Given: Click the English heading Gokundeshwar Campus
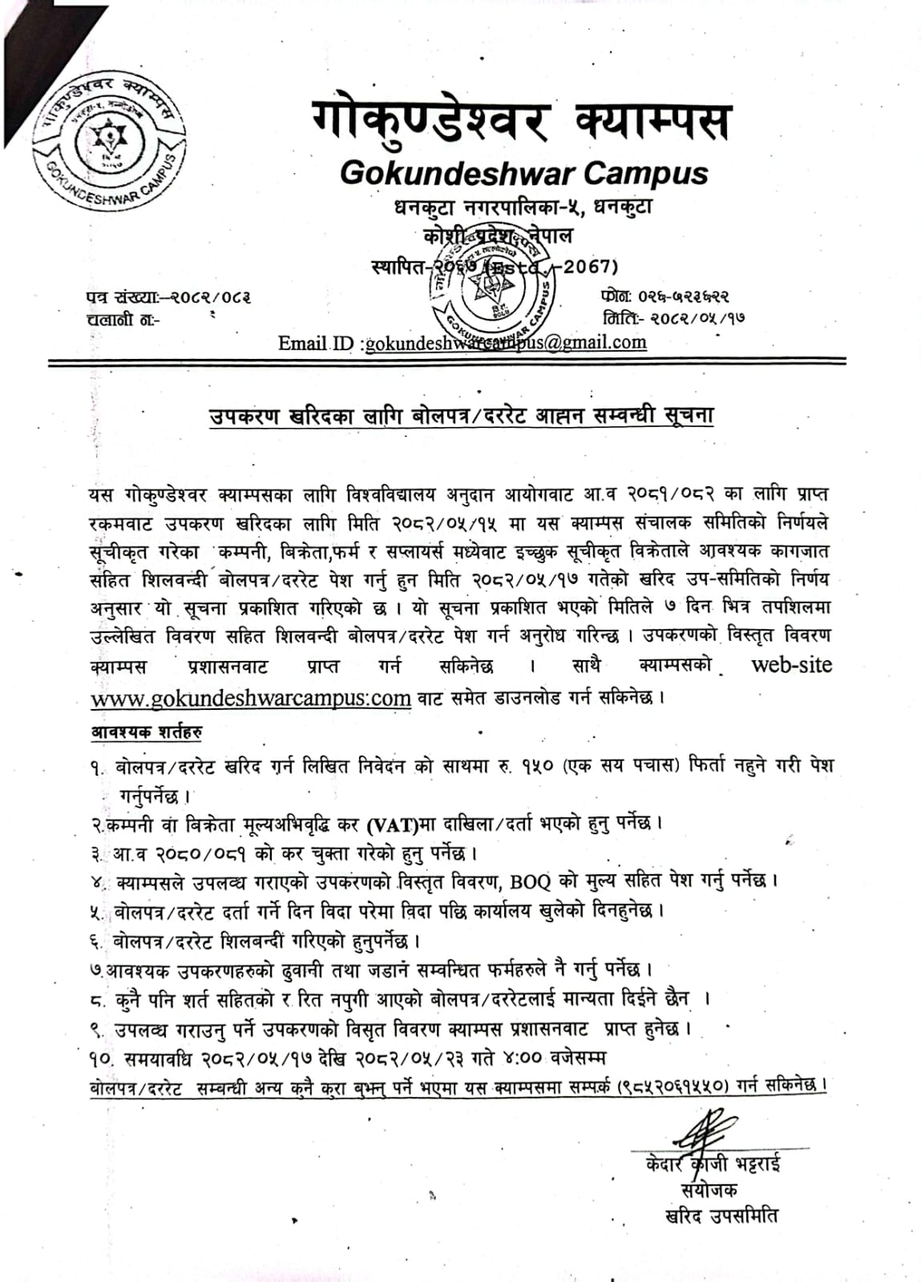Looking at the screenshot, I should [524, 172].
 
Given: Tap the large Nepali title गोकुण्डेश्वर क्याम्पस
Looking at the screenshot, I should [521, 122].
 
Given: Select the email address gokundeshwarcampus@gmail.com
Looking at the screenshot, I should [505, 343].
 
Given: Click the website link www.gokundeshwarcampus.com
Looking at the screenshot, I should [251, 698].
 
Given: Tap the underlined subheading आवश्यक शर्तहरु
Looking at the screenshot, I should [146, 732].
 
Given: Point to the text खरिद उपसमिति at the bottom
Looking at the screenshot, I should [721, 1215].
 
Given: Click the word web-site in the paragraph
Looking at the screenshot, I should [791, 665].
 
